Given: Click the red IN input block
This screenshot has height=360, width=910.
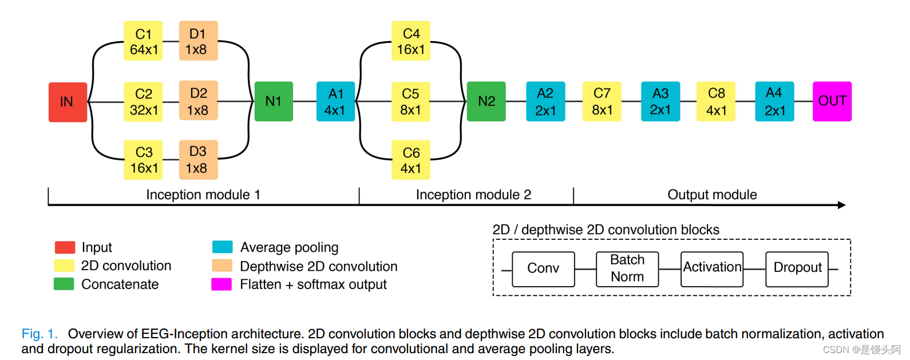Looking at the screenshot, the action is (x=68, y=102).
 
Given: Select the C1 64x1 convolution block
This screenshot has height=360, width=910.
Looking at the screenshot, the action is (x=143, y=41).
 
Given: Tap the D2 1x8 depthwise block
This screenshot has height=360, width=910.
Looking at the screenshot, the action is (x=198, y=101).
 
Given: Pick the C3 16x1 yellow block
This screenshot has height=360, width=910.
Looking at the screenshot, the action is (x=143, y=160).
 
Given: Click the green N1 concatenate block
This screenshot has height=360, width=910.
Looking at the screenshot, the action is (x=274, y=101).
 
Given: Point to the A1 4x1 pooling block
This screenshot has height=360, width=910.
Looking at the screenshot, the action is (x=335, y=101).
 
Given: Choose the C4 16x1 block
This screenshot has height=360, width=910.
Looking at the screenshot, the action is (x=411, y=41).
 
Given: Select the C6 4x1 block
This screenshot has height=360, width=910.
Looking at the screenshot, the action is (x=411, y=160).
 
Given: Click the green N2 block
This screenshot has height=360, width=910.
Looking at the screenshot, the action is (x=486, y=101).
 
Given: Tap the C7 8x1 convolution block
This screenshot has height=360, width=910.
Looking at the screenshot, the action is (x=602, y=101).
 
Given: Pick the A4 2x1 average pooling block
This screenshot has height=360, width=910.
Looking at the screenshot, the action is (x=775, y=101).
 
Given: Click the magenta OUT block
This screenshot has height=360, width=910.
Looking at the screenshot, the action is (x=832, y=101).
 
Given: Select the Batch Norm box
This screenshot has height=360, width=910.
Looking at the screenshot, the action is (x=627, y=269).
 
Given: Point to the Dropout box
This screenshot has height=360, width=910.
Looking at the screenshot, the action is (x=797, y=269).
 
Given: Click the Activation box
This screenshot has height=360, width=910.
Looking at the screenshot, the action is (x=712, y=269).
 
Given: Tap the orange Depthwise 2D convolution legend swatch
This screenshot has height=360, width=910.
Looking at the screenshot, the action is (x=222, y=266).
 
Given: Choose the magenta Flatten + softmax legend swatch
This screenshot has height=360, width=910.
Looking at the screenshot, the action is (x=221, y=284).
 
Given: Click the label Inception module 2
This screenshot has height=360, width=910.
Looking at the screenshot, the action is (x=474, y=195).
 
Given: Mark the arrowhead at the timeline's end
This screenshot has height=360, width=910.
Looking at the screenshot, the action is (x=842, y=205).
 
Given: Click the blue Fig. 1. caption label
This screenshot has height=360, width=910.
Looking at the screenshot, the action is (x=39, y=334).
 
